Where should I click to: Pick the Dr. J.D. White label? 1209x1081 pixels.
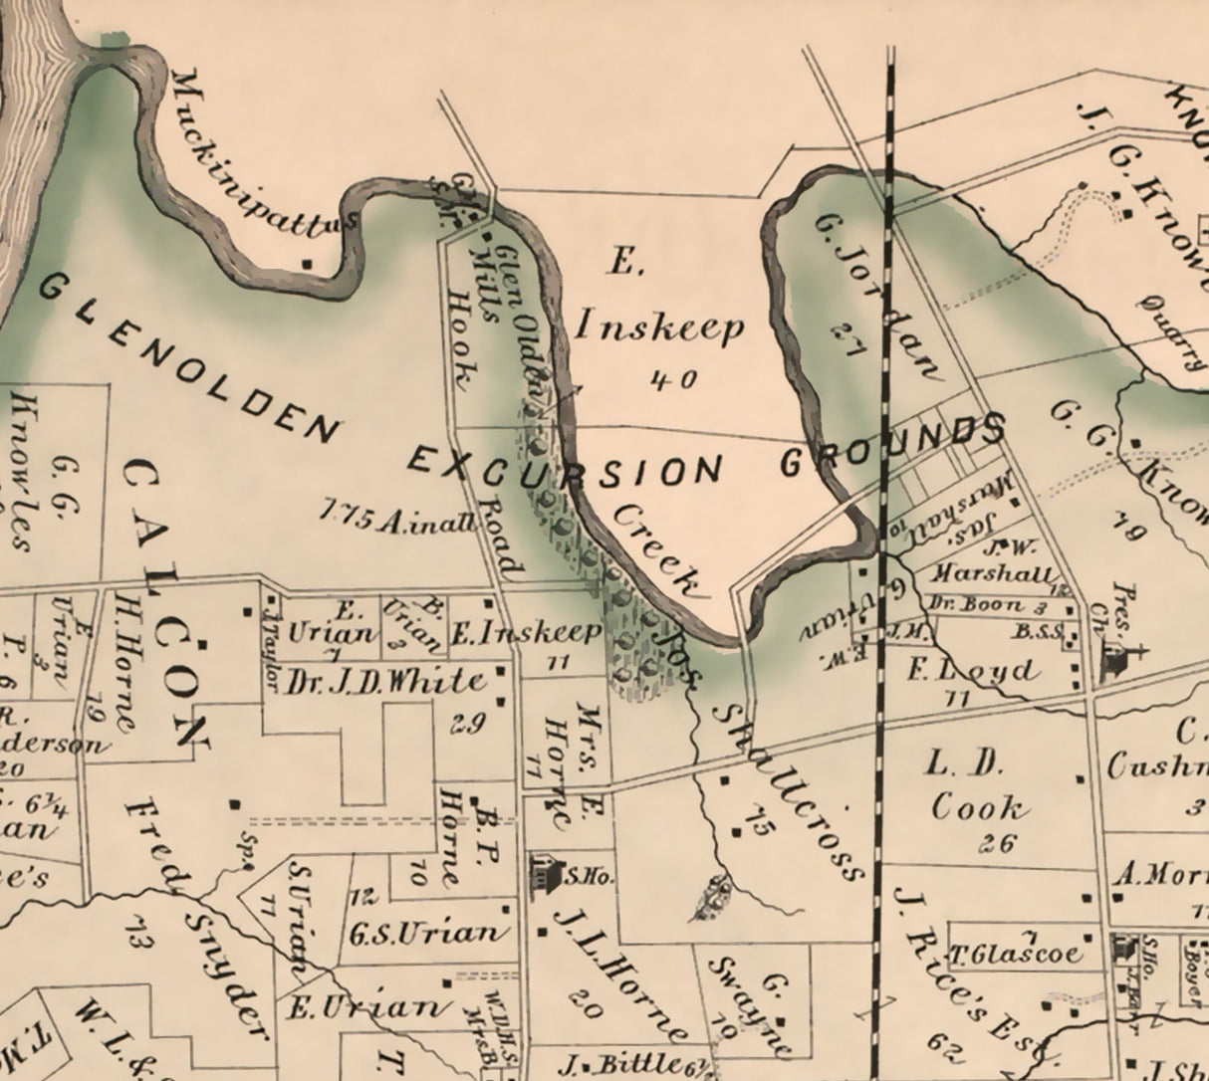(x=387, y=682)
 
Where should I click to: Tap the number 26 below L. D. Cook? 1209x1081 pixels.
(x=996, y=844)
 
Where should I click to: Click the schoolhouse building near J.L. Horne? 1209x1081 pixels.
(x=545, y=872)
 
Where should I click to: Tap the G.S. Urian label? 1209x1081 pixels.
(x=423, y=934)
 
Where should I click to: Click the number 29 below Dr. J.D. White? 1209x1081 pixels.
(x=467, y=724)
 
